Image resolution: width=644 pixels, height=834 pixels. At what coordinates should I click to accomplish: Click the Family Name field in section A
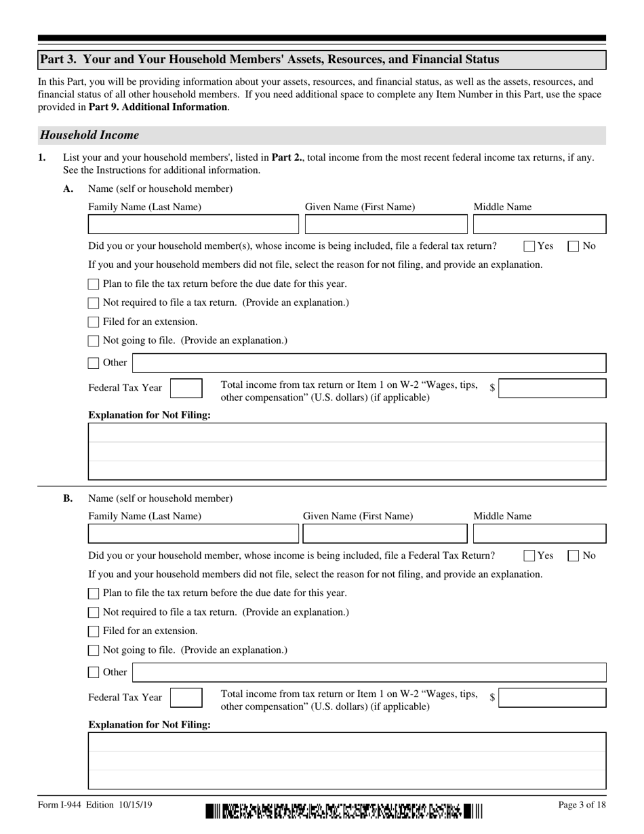193,224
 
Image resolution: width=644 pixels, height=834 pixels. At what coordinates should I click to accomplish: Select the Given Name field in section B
384,534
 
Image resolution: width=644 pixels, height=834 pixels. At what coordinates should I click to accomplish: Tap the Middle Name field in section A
539,224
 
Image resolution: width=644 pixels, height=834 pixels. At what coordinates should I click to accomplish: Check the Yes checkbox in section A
529,246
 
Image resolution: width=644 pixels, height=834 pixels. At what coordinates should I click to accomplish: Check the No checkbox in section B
573,556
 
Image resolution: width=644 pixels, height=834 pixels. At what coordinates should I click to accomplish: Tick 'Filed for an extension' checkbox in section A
94,322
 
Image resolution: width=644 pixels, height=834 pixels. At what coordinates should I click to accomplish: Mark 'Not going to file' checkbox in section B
94,651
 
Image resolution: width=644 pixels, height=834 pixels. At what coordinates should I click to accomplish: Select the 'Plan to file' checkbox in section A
94,284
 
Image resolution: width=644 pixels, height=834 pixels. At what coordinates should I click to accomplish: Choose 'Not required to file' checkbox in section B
94,613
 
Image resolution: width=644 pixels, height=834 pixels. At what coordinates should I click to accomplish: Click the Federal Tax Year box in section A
186,389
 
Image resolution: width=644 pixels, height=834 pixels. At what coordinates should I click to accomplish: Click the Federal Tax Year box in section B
186,698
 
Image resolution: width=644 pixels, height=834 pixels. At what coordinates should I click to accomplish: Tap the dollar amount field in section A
552,389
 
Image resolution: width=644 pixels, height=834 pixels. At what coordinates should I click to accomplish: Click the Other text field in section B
369,673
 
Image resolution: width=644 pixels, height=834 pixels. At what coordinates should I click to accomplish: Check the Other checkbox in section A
94,363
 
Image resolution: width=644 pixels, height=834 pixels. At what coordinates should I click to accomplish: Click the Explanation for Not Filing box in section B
347,761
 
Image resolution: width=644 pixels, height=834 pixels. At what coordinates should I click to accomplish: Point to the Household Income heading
89,135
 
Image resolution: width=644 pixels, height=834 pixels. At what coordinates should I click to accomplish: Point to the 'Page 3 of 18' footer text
582,805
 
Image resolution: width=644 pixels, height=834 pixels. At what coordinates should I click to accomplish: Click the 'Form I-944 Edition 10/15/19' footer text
95,805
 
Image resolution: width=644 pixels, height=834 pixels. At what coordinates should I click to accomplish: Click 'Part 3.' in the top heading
59,60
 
